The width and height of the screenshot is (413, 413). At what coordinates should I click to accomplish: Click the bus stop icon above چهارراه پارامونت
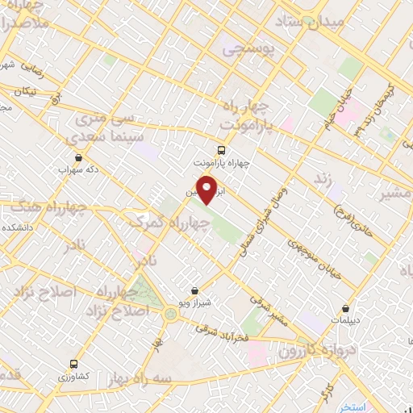[221, 149]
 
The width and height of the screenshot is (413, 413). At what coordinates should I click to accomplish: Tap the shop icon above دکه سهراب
[78, 157]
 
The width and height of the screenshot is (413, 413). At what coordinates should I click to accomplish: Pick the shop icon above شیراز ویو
[194, 290]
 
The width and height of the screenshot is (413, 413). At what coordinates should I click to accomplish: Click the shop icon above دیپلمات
[346, 308]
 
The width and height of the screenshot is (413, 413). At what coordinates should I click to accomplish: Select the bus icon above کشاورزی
[73, 364]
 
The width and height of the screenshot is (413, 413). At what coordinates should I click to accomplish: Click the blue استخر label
[353, 406]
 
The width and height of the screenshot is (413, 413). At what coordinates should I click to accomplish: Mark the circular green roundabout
[170, 314]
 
